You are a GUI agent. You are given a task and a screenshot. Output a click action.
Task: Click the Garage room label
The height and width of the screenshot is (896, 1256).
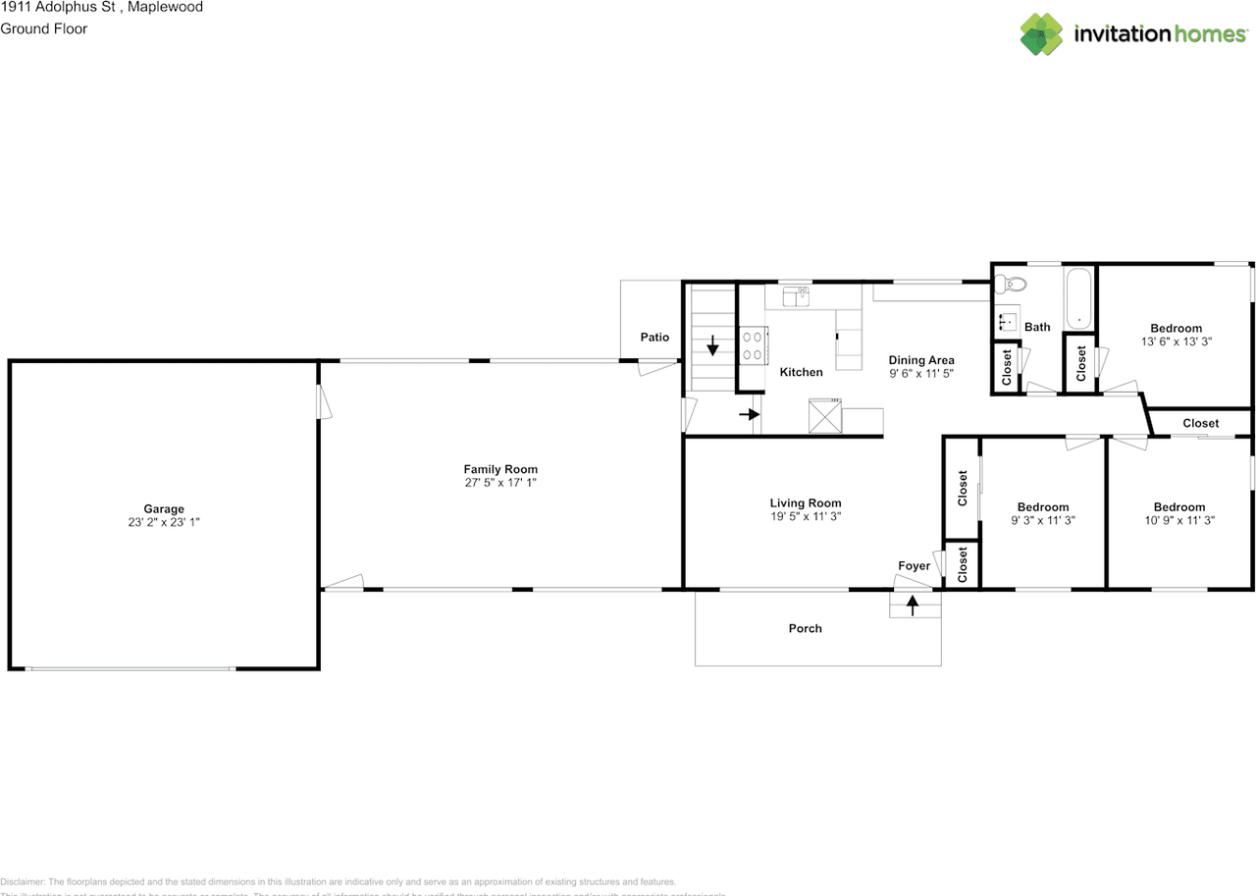164,508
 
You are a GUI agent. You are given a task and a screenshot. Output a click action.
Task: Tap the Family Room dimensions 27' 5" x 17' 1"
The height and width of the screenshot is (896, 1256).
500,483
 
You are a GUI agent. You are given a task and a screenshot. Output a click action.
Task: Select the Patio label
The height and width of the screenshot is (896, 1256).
654,338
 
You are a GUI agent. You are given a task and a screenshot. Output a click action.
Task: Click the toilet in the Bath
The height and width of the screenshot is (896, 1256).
1012,286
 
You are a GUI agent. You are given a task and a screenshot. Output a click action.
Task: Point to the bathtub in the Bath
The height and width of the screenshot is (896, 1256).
1078,298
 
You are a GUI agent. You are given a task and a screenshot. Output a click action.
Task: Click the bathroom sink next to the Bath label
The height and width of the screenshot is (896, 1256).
1005,322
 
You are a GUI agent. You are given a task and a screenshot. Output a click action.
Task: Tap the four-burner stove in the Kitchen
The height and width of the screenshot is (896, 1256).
753,344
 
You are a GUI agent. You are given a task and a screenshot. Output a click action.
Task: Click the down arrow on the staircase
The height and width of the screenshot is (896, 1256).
711,345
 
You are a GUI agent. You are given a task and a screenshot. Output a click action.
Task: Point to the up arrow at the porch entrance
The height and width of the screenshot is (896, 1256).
914,606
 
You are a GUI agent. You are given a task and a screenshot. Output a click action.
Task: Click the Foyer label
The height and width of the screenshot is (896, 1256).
914,566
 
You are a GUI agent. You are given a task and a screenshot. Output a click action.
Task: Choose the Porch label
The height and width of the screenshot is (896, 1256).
805,628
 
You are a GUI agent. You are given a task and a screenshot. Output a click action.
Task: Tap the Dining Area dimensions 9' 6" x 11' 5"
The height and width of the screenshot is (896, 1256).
921,374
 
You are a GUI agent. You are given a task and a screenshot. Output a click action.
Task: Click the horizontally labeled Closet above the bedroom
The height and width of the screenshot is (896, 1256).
1200,423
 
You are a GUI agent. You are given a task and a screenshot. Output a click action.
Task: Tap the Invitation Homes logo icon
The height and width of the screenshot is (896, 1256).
1041,34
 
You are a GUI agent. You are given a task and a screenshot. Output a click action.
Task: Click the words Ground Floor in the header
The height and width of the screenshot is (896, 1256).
44,28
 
